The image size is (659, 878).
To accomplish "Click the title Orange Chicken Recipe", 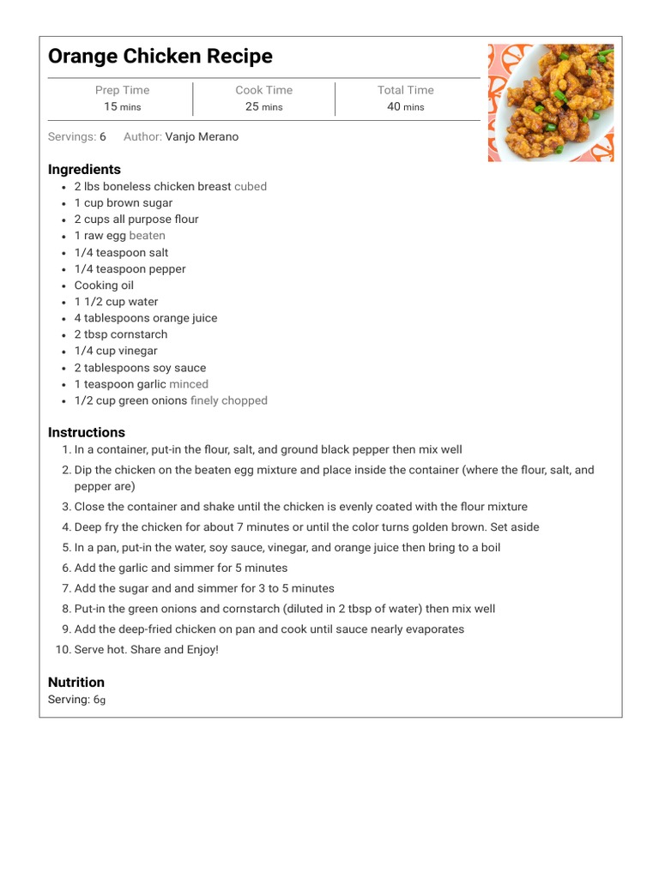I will (x=160, y=57).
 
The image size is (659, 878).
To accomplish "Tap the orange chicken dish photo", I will (x=551, y=103).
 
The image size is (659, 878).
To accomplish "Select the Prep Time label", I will (x=122, y=90).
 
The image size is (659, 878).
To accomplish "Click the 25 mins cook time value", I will (x=263, y=106).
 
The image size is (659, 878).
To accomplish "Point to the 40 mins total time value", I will (x=405, y=106).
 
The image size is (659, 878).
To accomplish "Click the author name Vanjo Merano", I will (x=202, y=137).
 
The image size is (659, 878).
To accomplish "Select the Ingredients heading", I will (x=84, y=170).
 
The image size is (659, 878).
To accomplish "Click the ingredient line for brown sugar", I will (x=124, y=203).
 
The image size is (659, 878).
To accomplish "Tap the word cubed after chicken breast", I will (x=251, y=186).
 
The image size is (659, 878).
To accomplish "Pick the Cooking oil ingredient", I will (x=104, y=286).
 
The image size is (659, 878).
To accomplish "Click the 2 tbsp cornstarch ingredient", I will (x=121, y=334).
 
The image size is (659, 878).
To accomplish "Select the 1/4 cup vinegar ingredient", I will (x=116, y=351).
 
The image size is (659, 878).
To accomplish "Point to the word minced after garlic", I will (x=189, y=384).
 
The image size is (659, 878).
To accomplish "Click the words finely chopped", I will (x=229, y=400).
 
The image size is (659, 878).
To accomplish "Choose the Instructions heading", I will (x=87, y=432).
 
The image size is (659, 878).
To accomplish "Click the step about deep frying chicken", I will (x=306, y=527).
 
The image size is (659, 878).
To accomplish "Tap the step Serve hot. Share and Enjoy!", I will (x=146, y=650).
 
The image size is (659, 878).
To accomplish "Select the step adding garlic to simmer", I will (x=180, y=568).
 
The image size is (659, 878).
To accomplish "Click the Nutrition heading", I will (x=76, y=683).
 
